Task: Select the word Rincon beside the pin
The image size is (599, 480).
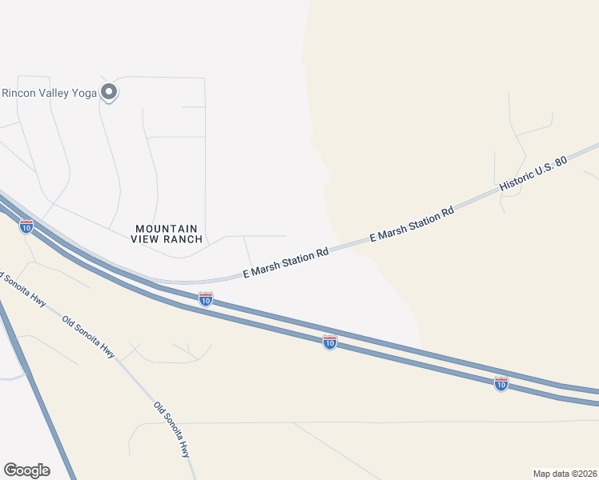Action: point(18,93)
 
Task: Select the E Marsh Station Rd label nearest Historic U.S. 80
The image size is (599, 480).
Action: point(412,225)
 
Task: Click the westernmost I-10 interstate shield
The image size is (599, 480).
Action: point(26,226)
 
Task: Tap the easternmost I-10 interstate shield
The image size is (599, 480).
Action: point(501,384)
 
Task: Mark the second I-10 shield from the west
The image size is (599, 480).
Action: point(206,298)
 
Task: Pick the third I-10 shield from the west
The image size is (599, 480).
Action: point(329,342)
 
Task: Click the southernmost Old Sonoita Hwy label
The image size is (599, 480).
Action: point(173,429)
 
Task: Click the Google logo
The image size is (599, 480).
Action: point(26,470)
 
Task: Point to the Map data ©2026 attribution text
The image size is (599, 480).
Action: point(565,474)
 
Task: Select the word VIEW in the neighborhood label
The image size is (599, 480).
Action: point(147,238)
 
